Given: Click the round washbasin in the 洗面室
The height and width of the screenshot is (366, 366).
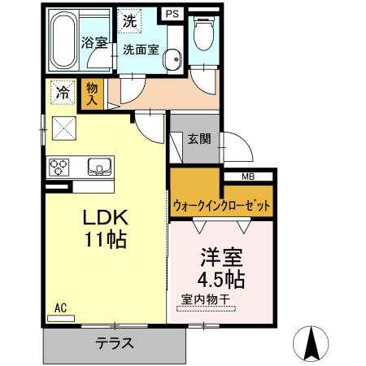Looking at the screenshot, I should pos(171,59).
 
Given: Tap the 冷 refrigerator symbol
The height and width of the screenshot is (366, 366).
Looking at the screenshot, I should pos(62,93).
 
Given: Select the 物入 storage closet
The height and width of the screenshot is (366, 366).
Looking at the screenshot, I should pos(93,94).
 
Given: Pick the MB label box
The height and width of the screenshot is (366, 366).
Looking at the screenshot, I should pos(248,176).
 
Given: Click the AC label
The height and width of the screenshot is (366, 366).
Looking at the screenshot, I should pos(60,307).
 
